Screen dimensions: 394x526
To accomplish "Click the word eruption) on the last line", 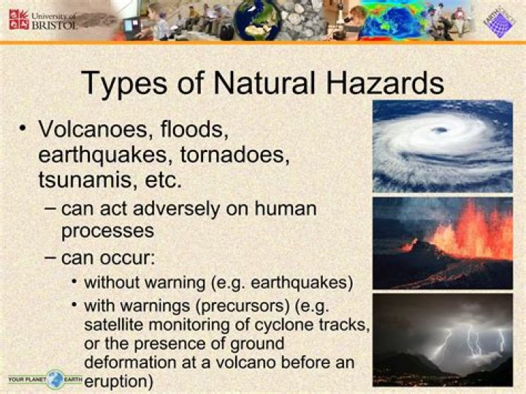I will click(119, 381).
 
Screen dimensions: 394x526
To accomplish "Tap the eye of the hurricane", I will click(439, 129).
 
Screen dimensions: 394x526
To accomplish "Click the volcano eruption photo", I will click(442, 242).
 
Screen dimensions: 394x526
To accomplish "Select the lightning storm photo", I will click(442, 339).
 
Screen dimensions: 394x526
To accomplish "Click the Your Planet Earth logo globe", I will click(56, 379).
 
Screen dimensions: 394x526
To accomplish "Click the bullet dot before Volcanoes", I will click(23, 129).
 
